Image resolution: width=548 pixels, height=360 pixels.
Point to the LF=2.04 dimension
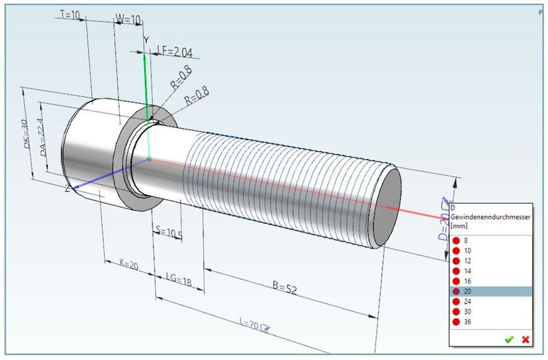coord(174,51)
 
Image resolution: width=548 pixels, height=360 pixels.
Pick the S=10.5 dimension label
coord(169,233)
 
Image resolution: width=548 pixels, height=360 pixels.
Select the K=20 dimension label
coord(127,265)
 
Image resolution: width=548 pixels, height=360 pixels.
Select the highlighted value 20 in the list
coord(467,291)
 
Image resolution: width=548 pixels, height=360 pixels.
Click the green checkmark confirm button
coord(509,339)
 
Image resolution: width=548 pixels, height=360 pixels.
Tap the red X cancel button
coord(525,339)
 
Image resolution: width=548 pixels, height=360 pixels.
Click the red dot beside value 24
coord(456,301)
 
